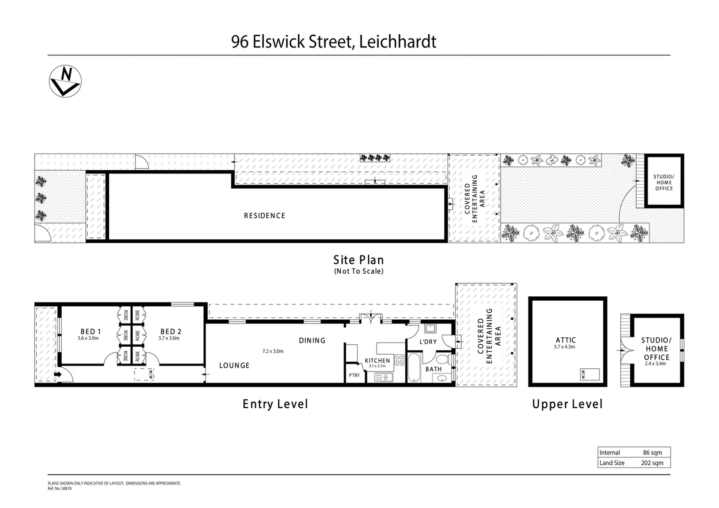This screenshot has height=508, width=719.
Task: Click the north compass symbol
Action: [x=65, y=81]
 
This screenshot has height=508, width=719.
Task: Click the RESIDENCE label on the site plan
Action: [x=264, y=215]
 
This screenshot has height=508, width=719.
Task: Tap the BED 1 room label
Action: [x=90, y=332]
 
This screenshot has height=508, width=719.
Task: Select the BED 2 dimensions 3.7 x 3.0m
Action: [x=169, y=338]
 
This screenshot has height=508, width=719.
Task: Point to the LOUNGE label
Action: [x=234, y=365]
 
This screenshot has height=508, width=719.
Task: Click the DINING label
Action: [x=312, y=341]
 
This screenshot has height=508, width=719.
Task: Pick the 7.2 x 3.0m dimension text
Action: [x=273, y=351]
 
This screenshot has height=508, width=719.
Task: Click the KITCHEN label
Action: [x=377, y=360]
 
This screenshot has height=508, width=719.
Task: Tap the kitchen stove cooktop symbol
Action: [x=399, y=360]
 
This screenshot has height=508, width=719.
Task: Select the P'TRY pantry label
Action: [x=354, y=375]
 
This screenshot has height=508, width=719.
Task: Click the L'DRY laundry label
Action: [x=428, y=341]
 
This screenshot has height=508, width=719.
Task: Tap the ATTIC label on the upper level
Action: [x=566, y=340]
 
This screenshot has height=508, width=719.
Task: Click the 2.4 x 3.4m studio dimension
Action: [x=655, y=364]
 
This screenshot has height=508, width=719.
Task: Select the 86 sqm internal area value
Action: [x=652, y=452]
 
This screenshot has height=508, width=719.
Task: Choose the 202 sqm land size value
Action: [x=652, y=463]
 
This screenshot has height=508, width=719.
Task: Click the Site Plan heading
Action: [x=359, y=260]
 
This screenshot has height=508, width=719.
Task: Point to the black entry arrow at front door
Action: [x=57, y=375]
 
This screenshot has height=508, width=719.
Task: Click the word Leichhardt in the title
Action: [x=398, y=42]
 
